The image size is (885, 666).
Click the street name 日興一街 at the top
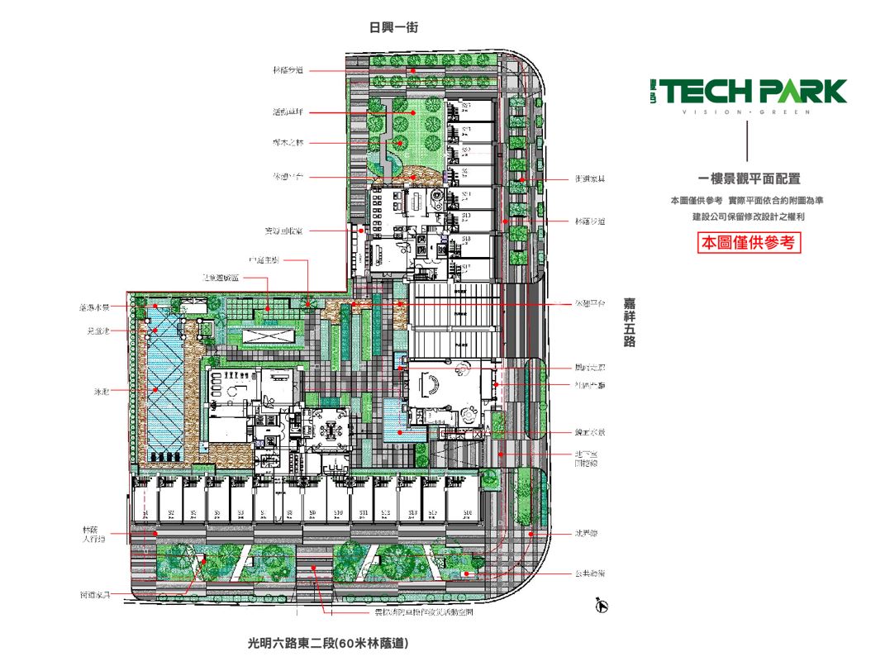click(x=393, y=27)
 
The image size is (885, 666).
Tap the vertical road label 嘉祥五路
click(x=630, y=323)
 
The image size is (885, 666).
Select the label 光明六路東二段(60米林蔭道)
click(x=328, y=642)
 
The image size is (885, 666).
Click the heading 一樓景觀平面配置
click(x=749, y=178)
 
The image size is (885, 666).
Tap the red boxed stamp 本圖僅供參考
click(x=749, y=243)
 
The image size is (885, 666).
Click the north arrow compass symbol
click(x=602, y=607)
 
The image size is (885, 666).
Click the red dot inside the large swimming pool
click(x=155, y=389)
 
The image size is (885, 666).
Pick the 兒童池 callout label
click(x=100, y=331)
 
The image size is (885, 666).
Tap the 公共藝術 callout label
click(x=590, y=573)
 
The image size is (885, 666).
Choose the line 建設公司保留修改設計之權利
click(x=749, y=216)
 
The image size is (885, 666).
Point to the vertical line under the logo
click(x=747, y=141)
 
